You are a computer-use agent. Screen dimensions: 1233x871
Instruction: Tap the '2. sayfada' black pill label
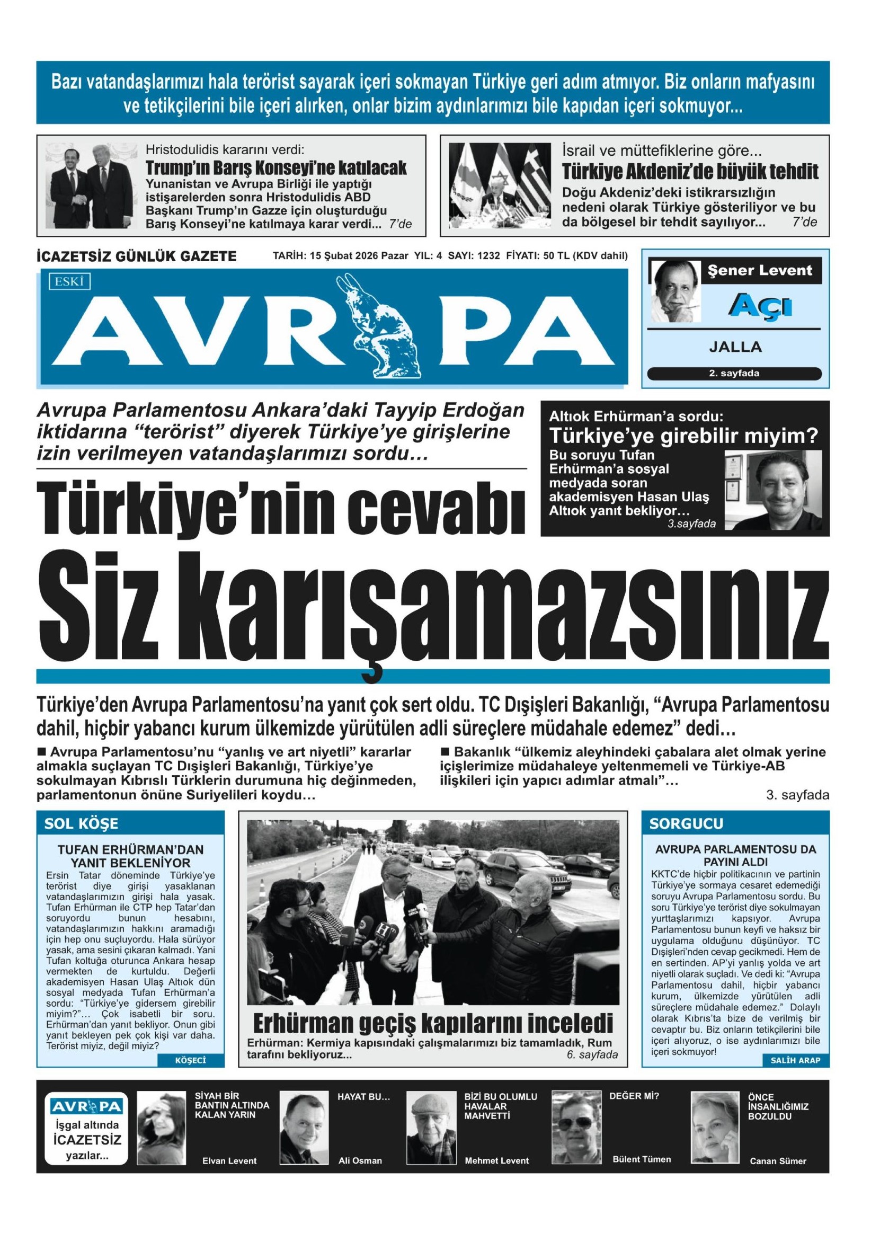(734, 373)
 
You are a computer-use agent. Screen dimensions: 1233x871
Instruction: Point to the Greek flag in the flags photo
(531, 177)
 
